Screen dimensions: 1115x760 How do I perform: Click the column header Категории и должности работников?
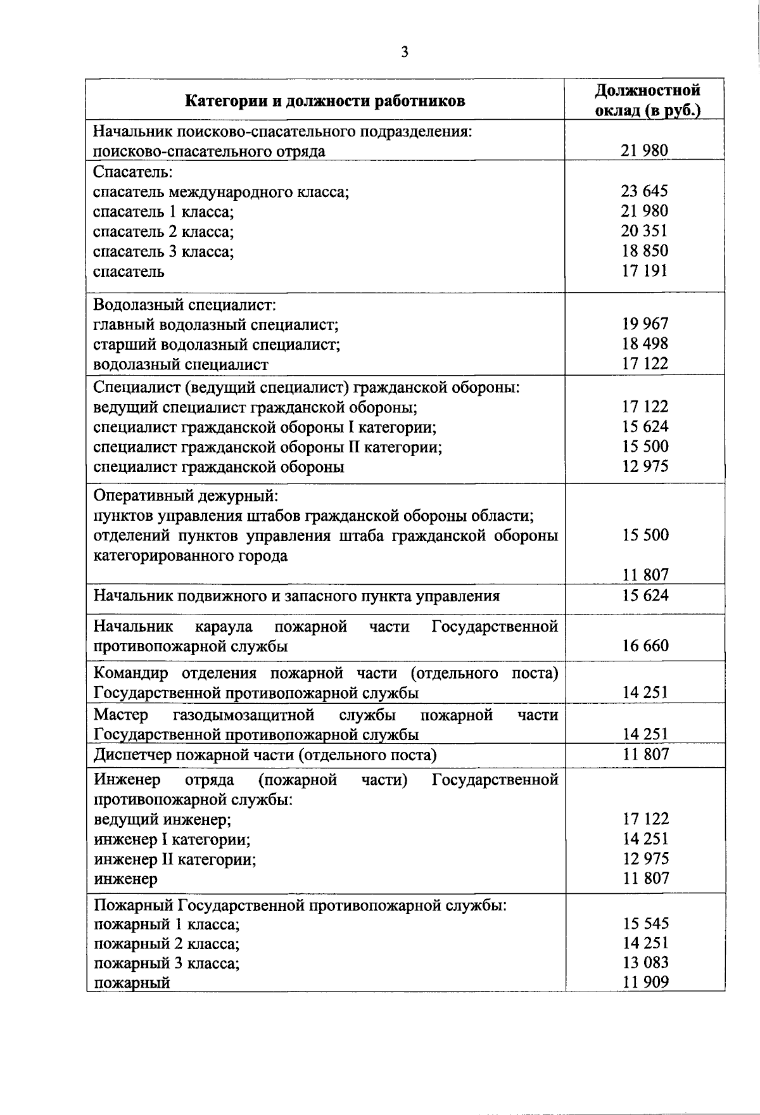point(325,101)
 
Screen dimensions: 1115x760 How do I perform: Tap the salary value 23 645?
point(644,191)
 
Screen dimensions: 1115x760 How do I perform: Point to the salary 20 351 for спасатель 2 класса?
point(644,231)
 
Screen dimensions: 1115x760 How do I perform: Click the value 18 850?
point(644,251)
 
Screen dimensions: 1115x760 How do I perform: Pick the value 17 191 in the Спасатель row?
point(644,271)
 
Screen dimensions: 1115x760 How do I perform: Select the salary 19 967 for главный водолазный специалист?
point(644,324)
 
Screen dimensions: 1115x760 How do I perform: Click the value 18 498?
point(644,344)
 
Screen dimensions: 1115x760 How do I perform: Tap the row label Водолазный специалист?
point(184,305)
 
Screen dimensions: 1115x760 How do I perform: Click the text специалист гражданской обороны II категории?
point(267,447)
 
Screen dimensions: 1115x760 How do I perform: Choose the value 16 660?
point(644,646)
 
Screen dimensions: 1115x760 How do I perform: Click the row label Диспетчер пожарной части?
point(265,755)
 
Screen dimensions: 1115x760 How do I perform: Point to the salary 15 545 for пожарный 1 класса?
point(644,924)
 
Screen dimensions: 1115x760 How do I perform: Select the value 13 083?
point(644,963)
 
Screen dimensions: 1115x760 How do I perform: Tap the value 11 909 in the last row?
point(644,983)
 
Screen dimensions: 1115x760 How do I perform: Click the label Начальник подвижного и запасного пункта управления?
point(296,596)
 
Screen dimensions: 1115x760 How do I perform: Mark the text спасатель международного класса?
point(221,191)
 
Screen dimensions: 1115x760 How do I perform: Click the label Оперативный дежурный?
point(186,495)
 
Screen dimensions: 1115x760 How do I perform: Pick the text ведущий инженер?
point(163,820)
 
